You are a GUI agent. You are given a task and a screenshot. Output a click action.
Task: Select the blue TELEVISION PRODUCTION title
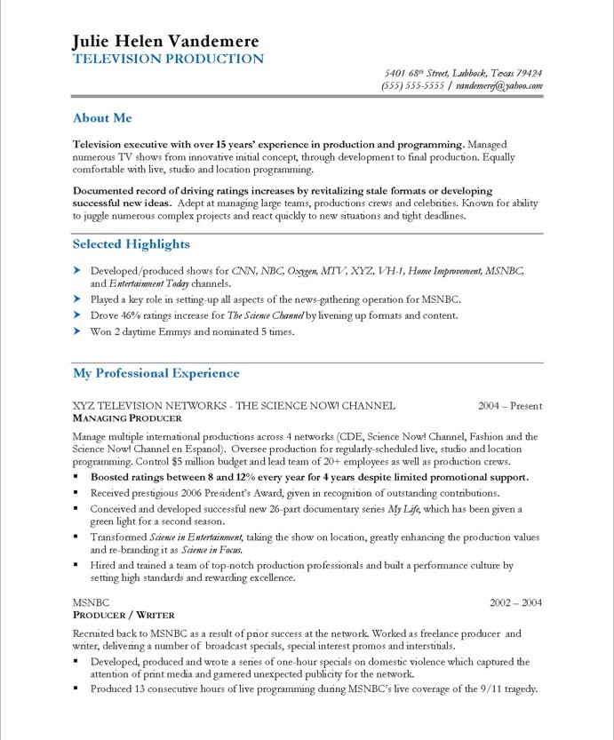coord(168,60)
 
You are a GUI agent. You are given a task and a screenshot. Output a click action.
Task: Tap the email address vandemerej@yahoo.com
coord(499,86)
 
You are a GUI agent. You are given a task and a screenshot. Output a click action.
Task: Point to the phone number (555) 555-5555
coord(412,86)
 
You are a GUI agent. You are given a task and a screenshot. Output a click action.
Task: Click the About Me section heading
coord(102,118)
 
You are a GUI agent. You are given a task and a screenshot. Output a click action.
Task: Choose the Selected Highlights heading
coord(131,244)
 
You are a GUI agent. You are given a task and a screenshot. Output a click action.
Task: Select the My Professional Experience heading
coord(155,374)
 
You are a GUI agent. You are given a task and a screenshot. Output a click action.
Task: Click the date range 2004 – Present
coord(509,406)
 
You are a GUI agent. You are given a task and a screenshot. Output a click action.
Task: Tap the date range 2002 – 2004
coord(515,603)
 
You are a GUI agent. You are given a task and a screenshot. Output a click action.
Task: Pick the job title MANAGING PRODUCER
coord(127,418)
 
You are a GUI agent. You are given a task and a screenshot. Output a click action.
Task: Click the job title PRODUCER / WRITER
coord(124,615)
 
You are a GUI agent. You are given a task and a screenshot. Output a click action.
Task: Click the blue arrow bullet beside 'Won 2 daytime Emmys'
coord(77,331)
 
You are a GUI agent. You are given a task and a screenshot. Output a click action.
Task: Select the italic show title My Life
coord(405,509)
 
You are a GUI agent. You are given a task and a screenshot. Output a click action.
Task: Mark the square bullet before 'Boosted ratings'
coord(77,477)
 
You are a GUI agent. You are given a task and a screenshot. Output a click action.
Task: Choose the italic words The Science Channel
coord(266,315)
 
